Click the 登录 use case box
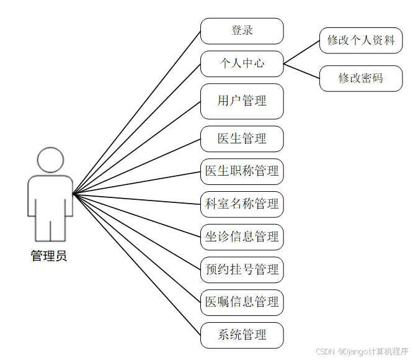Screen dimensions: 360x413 [242, 30]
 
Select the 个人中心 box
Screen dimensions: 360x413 [242, 63]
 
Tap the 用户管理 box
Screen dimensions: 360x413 [242, 101]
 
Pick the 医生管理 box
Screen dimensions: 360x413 [242, 139]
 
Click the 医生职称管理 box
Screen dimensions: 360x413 [242, 171]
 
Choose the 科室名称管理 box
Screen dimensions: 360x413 [242, 204]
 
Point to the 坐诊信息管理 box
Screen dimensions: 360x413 [242, 236]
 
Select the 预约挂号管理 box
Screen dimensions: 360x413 [242, 269]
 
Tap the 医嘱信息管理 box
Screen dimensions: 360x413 [242, 302]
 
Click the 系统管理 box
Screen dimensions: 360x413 [242, 335]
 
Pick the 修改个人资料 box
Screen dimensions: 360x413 [361, 40]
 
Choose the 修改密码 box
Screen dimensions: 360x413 [361, 78]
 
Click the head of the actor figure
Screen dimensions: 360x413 [50, 160]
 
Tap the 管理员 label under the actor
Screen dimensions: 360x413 [49, 256]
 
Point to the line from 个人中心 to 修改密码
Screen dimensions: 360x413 [302, 71]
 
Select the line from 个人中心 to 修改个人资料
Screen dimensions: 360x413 [302, 52]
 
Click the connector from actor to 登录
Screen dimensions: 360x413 [136, 112]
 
